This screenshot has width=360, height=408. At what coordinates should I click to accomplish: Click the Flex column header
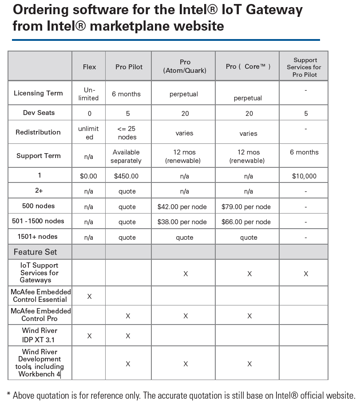(x=89, y=67)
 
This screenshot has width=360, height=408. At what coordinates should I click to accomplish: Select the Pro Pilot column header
(x=129, y=67)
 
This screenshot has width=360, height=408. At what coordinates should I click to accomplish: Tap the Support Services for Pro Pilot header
(x=304, y=67)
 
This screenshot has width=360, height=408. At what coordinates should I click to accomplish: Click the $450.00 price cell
(x=126, y=176)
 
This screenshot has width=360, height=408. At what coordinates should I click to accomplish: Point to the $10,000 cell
(x=304, y=176)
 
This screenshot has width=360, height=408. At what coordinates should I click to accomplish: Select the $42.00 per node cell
(x=182, y=207)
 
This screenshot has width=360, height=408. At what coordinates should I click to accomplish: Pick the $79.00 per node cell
(x=246, y=207)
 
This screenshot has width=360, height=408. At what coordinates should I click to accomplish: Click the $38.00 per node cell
(x=182, y=222)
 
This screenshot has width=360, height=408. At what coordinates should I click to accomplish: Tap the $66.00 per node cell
(x=246, y=222)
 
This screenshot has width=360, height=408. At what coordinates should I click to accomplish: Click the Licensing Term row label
(x=38, y=93)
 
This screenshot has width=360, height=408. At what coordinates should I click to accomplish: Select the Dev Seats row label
(x=39, y=113)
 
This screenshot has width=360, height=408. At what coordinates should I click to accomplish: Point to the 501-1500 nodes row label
(x=39, y=221)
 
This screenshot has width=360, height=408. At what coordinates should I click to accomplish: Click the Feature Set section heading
(x=36, y=252)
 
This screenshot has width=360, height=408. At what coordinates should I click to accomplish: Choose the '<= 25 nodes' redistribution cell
(x=127, y=133)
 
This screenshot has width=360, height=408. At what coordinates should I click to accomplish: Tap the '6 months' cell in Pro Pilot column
(x=126, y=94)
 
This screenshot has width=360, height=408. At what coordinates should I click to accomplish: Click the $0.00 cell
(x=88, y=176)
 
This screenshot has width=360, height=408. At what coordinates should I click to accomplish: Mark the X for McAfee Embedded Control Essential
(x=89, y=296)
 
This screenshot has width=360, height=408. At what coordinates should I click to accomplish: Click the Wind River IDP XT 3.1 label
(x=40, y=335)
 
